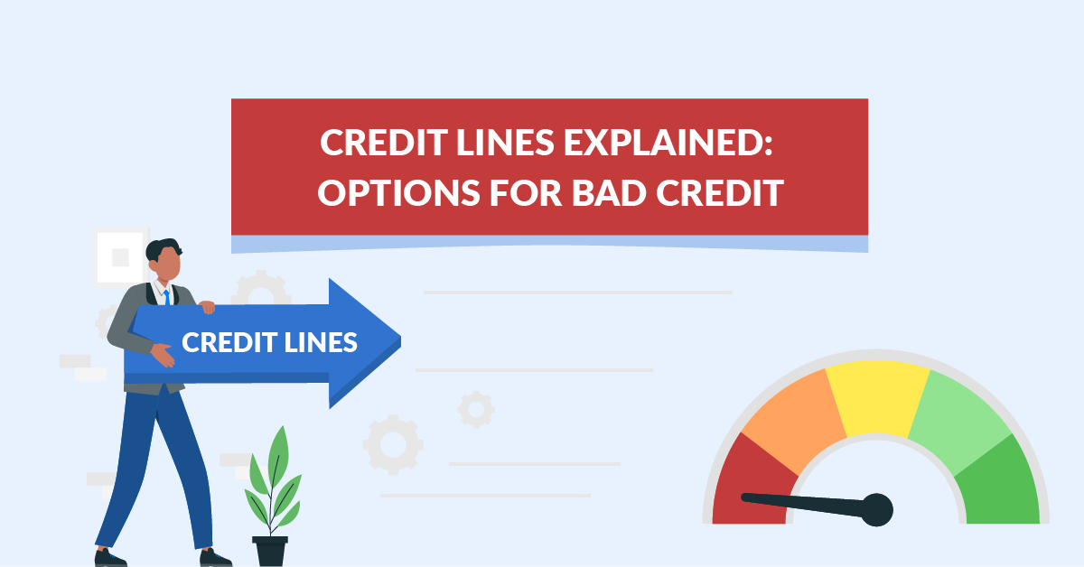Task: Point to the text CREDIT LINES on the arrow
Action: [269, 342]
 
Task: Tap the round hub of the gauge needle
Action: [876, 510]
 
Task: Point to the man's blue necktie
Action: [167, 297]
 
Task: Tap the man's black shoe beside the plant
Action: [215, 558]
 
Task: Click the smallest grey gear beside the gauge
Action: [475, 409]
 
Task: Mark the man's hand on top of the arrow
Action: [207, 307]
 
